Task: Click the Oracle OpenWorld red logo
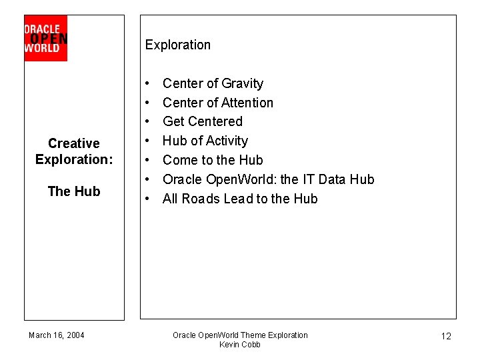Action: pos(45,38)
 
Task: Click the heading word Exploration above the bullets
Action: pos(177,45)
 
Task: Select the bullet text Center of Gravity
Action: pos(213,83)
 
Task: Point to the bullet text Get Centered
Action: pos(203,121)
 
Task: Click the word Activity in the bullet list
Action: pos(227,141)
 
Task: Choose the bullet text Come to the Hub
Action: pos(213,160)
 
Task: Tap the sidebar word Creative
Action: pos(74,143)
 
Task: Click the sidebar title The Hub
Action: pos(74,191)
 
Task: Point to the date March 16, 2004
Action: pos(57,335)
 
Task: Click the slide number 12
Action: pos(446,336)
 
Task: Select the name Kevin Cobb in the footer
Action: pos(240,345)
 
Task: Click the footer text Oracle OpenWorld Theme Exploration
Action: pos(240,335)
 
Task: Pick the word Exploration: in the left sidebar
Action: pos(74,159)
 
